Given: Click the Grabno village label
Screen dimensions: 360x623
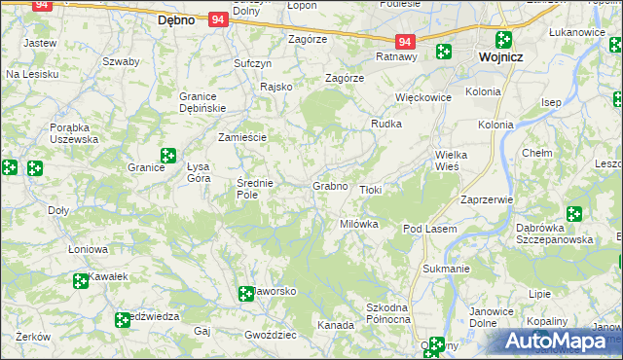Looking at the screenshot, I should tap(330, 186).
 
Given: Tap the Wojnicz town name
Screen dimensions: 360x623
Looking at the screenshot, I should tap(503, 57).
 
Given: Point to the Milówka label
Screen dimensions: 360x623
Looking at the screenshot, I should tap(358, 224).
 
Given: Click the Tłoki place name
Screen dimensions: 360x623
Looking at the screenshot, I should tap(371, 190).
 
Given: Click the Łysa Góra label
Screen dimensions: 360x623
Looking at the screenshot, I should tap(199, 172).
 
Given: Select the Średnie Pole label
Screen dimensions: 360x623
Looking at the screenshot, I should tap(256, 188).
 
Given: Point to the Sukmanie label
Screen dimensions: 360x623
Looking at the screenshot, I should tap(447, 267).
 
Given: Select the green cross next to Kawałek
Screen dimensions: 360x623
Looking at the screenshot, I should tap(81, 282).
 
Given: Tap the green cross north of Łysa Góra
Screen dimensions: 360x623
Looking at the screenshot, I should tap(167, 155).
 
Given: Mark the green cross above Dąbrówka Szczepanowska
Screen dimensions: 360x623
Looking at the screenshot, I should tap(573, 214).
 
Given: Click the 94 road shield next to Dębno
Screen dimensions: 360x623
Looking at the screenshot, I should tap(217, 18).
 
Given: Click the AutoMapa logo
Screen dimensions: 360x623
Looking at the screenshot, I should tap(562, 341).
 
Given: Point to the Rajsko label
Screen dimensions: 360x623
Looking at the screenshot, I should tap(276, 87).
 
